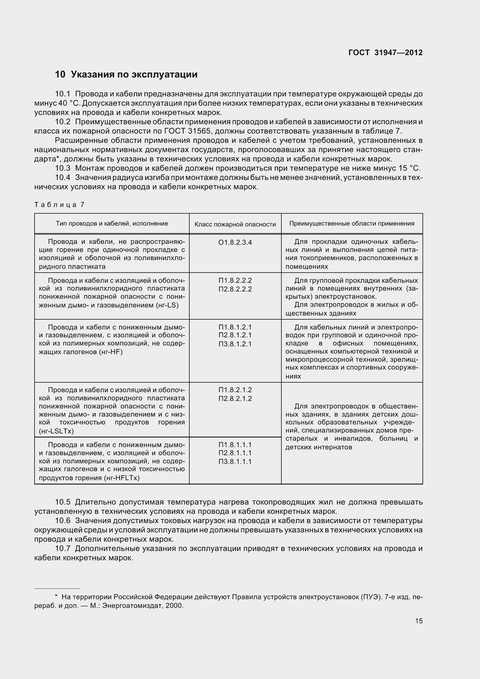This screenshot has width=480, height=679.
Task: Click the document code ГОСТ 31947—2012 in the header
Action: coord(385,53)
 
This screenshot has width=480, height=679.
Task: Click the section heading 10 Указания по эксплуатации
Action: coord(126,74)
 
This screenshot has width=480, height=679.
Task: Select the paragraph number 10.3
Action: coord(63,168)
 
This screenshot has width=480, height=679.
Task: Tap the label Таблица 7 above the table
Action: coord(60,205)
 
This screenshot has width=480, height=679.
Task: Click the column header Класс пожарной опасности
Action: coord(235,224)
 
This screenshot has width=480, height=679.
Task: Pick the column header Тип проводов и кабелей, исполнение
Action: coord(112,224)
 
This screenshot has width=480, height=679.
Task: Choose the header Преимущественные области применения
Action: coord(352,224)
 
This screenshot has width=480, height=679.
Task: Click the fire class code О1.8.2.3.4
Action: coord(235,242)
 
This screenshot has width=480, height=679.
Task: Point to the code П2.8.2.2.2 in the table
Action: coord(235,289)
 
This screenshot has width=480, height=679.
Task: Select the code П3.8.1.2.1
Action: coord(235,344)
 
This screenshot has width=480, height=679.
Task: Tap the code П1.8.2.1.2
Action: coord(235,390)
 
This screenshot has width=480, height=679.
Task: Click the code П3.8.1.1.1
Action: coord(235,462)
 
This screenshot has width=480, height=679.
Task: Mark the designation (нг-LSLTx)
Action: coord(56,431)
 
